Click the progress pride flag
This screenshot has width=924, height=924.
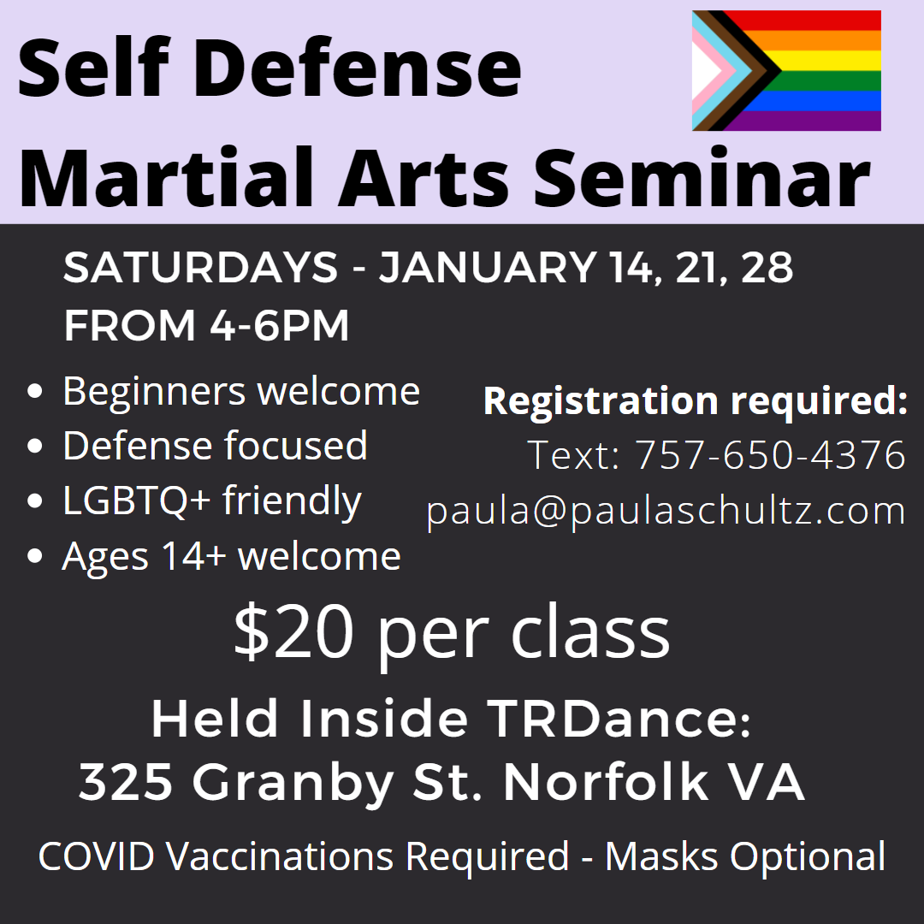786,70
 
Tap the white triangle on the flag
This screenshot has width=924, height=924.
703,70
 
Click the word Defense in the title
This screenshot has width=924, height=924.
358,67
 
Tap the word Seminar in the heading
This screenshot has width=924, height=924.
702,177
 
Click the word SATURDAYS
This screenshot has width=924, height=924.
200,267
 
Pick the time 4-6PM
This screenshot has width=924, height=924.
279,325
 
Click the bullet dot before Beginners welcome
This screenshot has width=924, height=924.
35,391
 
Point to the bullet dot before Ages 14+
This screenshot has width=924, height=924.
35,556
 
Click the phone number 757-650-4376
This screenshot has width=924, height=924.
769,454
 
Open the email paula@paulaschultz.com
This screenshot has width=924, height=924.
666,511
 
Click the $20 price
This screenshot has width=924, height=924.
293,631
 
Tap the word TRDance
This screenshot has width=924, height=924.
619,719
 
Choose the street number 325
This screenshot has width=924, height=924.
126,782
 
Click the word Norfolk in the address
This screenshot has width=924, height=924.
606,781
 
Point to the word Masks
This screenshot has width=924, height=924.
661,856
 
